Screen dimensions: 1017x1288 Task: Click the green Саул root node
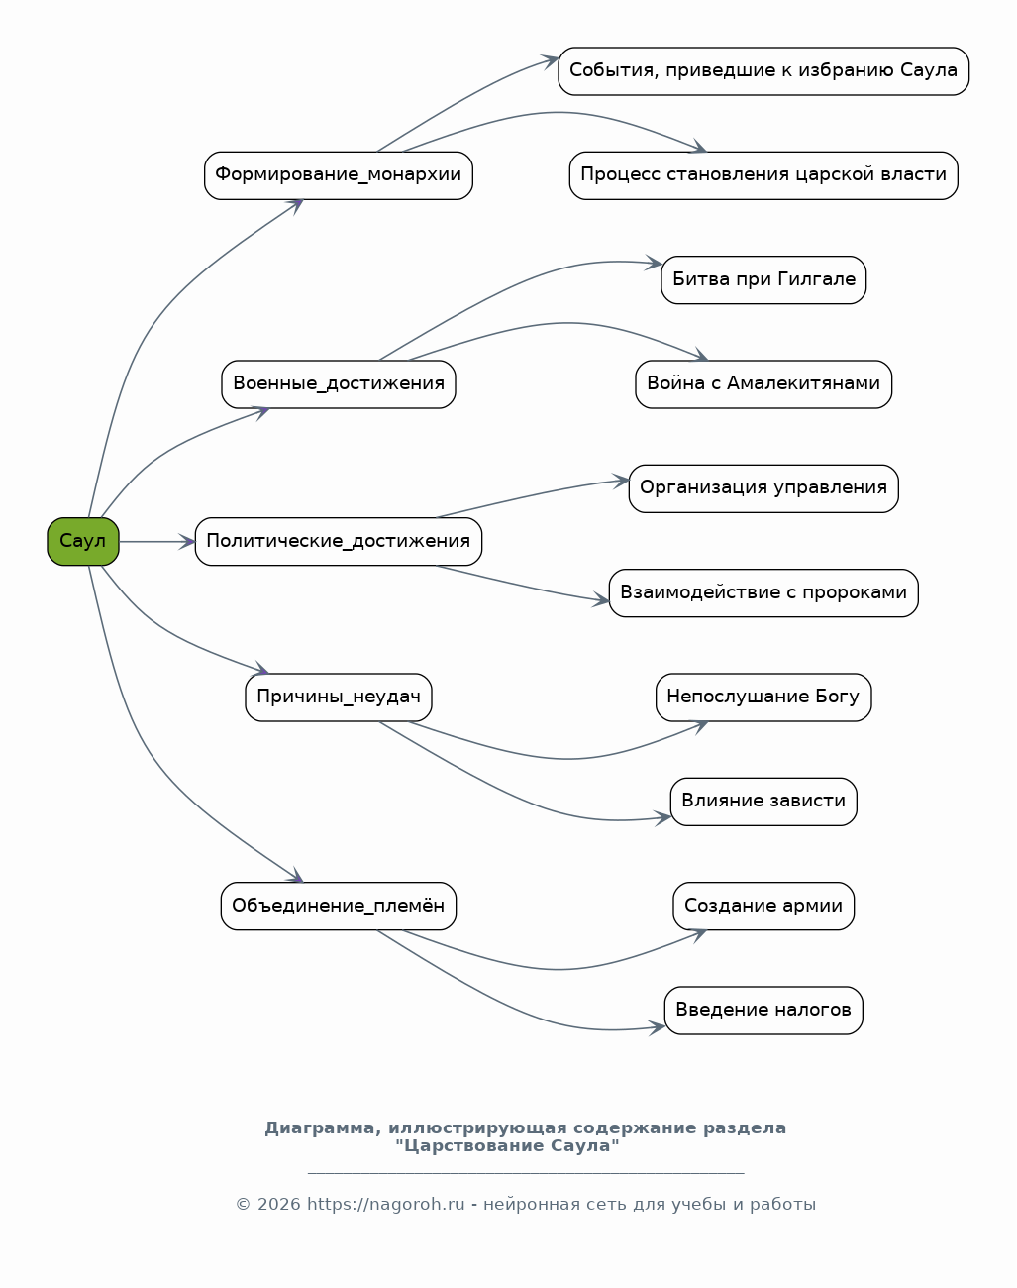point(83,541)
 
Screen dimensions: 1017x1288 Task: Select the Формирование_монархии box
point(338,175)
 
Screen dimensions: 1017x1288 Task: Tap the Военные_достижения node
point(338,384)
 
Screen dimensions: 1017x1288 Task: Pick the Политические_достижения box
point(338,541)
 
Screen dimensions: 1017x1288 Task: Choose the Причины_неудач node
point(338,698)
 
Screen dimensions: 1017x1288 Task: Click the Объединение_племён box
point(338,907)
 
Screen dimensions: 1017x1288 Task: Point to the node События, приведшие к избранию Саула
point(763,71)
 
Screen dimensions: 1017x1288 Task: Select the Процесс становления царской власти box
point(763,175)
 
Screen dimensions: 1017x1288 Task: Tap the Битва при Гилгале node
point(763,280)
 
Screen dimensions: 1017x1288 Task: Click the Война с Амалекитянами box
point(763,384)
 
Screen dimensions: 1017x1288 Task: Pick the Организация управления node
point(763,488)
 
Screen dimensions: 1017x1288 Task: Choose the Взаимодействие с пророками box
point(763,593)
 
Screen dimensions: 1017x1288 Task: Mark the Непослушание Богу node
point(763,698)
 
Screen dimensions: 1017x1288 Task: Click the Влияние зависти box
point(763,802)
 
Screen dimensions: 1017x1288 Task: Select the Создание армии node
point(763,907)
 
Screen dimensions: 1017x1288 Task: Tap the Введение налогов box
point(763,1011)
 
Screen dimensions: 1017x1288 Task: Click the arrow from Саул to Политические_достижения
point(156,542)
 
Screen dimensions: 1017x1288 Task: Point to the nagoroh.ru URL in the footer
point(386,1204)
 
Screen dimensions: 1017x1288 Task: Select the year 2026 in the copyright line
point(279,1204)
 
